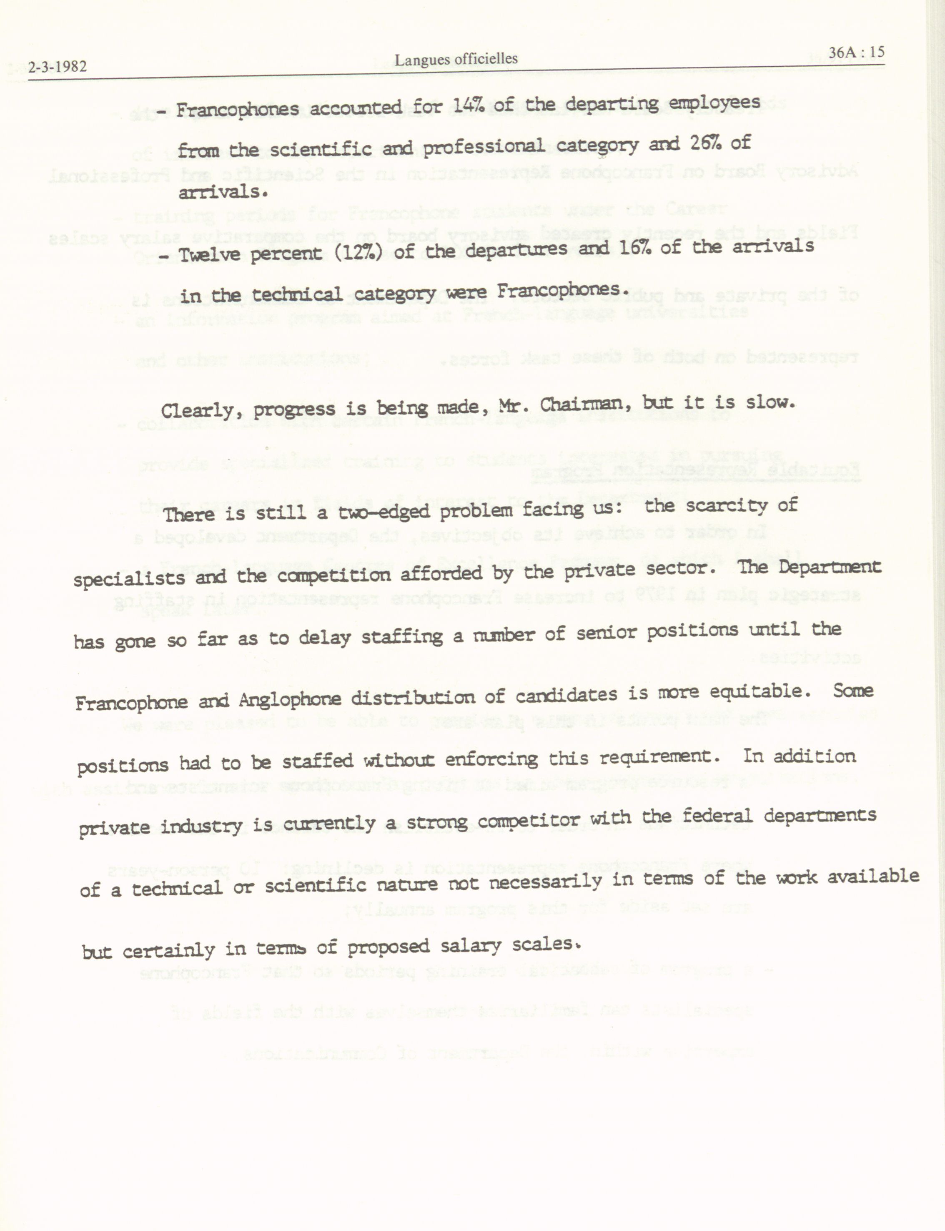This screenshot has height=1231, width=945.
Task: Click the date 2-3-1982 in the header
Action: [x=58, y=68]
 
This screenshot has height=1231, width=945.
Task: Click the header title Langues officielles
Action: [x=456, y=59]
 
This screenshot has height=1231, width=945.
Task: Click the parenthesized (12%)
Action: [x=356, y=252]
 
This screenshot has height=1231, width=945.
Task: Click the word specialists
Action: [x=129, y=578]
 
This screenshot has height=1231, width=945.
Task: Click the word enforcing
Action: [x=491, y=759]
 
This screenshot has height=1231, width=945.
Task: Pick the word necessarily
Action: [x=545, y=882]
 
